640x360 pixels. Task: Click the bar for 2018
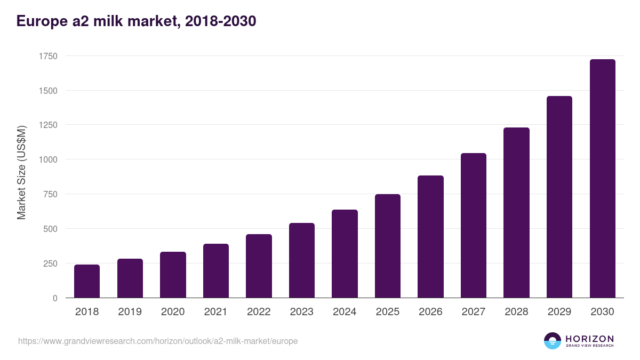click(x=87, y=281)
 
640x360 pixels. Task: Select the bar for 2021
click(x=216, y=271)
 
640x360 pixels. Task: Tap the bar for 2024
click(x=345, y=254)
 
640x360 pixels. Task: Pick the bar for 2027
click(x=474, y=226)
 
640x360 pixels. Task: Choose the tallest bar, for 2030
click(x=602, y=179)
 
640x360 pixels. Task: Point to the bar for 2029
click(x=559, y=197)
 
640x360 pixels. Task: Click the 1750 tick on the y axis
click(x=47, y=56)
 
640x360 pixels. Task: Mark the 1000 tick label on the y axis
click(x=47, y=159)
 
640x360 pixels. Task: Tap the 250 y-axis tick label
click(x=50, y=263)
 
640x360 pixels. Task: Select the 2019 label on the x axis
click(x=130, y=312)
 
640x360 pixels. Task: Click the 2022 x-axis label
click(x=259, y=312)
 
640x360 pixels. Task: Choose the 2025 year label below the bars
click(x=388, y=312)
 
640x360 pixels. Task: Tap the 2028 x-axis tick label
click(x=516, y=312)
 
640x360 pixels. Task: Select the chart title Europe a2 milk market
click(x=137, y=21)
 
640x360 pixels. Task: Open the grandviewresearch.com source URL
click(x=158, y=341)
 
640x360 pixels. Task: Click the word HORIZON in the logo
click(x=589, y=338)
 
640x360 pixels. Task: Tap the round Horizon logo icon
click(x=553, y=341)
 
